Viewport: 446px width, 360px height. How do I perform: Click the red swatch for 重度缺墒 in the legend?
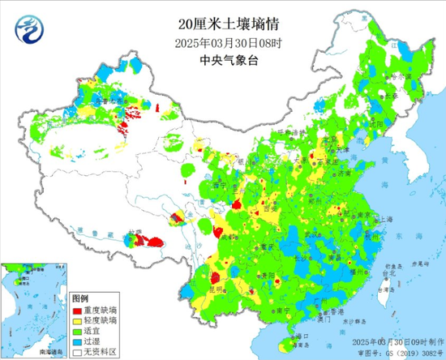(79, 311)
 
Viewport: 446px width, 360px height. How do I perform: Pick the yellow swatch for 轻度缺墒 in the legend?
(79, 320)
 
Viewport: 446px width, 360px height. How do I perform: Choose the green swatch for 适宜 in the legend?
(79, 331)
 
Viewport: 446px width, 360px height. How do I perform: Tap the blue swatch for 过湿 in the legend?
(79, 341)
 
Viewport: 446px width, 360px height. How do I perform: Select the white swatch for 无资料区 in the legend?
(79, 352)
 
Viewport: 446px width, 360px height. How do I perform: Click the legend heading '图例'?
(80, 299)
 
